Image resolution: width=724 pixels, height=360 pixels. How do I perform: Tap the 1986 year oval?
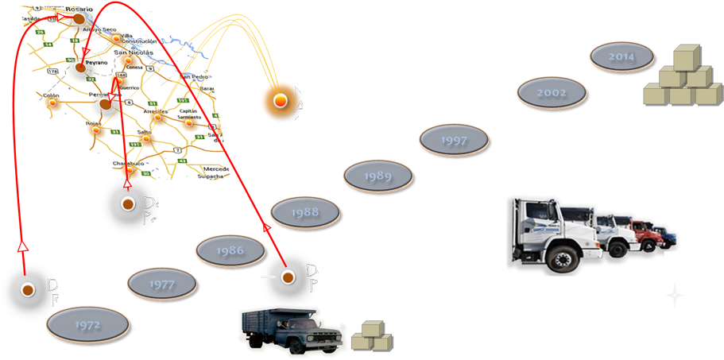tap(230, 250)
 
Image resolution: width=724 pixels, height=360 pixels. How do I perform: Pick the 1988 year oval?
tap(304, 212)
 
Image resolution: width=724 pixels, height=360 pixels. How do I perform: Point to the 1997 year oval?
tap(454, 138)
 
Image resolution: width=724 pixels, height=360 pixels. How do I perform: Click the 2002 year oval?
tap(551, 93)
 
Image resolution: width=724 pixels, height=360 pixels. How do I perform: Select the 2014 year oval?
tap(621, 57)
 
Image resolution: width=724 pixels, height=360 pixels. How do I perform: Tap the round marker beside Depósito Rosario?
tap(27, 290)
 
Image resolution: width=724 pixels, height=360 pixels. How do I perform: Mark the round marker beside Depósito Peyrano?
tap(286, 276)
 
